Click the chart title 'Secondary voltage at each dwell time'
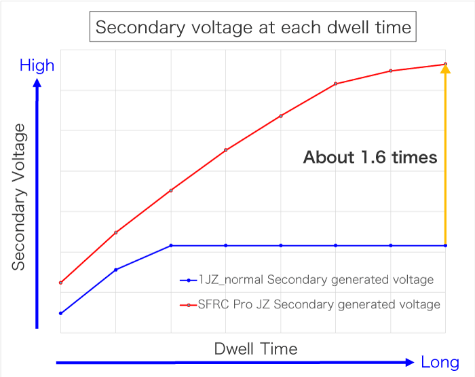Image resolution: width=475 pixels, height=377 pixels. [x=253, y=28]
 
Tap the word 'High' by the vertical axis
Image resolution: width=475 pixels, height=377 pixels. [x=37, y=66]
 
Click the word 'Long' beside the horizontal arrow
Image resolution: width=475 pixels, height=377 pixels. [x=440, y=362]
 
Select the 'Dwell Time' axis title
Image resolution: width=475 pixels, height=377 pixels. [x=256, y=349]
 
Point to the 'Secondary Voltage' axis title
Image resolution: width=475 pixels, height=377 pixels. [x=18, y=197]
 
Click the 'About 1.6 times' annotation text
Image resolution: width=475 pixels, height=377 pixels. [x=370, y=158]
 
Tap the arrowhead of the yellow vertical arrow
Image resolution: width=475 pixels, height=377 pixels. [x=445, y=69]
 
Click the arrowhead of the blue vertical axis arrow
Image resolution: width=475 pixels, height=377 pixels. [x=37, y=84]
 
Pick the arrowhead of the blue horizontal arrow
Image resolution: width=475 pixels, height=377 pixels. [x=408, y=362]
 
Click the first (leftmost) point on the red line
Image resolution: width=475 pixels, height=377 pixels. [x=61, y=283]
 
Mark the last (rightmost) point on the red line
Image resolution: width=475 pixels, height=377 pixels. [x=445, y=64]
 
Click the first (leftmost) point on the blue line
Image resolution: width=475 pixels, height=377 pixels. [x=61, y=313]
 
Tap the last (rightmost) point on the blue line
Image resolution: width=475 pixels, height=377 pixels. [x=445, y=245]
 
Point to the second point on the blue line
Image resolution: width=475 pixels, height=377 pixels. [x=116, y=270]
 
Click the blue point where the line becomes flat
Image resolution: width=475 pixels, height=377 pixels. [x=171, y=245]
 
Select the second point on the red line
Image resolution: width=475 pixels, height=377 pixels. [x=116, y=232]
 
